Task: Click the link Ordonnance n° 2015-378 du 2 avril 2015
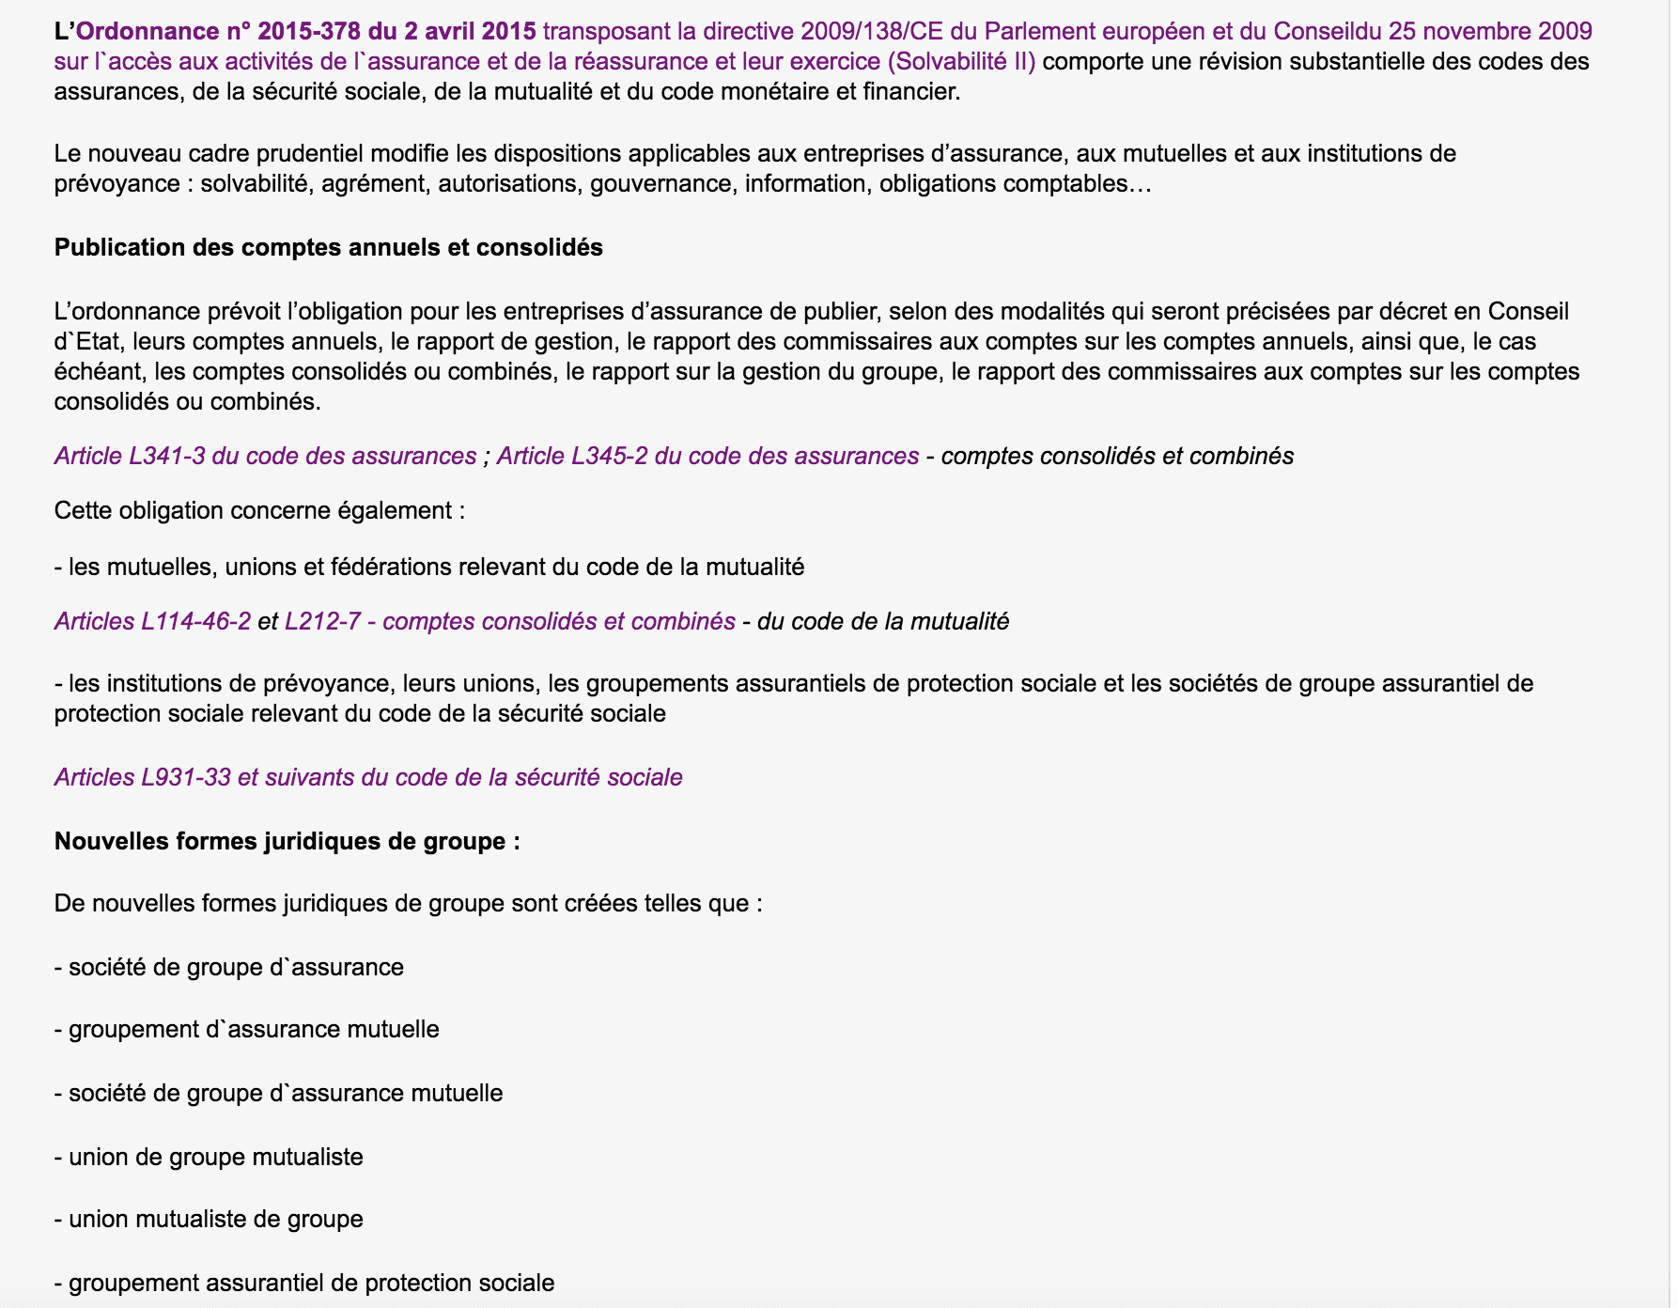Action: [x=306, y=31]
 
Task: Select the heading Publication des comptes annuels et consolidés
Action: [x=328, y=247]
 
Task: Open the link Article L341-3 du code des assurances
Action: [x=265, y=456]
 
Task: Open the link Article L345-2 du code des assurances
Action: [x=707, y=456]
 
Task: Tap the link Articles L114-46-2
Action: [x=152, y=621]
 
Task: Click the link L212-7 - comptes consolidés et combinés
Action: [x=509, y=621]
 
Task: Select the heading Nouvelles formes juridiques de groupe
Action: [x=287, y=841]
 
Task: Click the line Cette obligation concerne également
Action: [x=259, y=510]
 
